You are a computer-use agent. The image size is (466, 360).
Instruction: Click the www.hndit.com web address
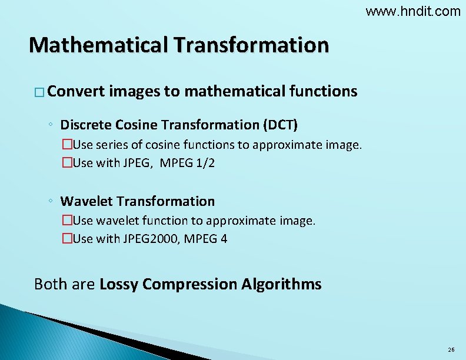coord(413,11)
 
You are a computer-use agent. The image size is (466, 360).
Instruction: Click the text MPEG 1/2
coord(191,163)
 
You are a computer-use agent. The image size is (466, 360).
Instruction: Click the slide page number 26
coord(451,350)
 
